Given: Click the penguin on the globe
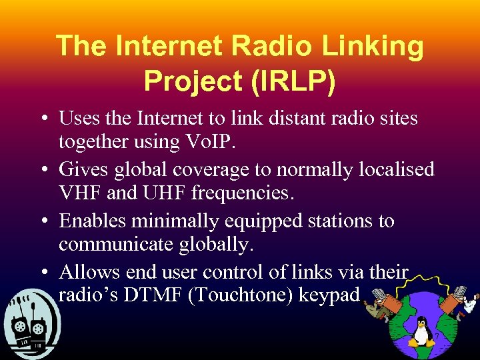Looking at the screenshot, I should coord(421,331).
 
